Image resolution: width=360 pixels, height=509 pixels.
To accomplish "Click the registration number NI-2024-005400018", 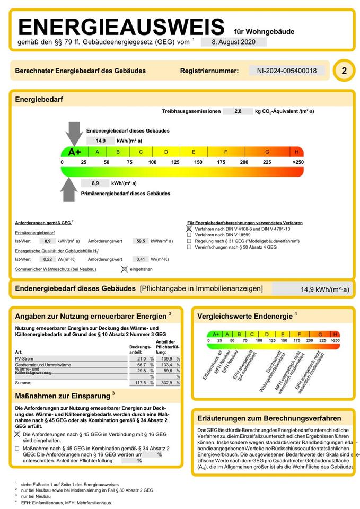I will [287, 71].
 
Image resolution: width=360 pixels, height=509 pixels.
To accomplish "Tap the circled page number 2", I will [344, 71].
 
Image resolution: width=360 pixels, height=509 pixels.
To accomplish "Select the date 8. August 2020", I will [233, 42].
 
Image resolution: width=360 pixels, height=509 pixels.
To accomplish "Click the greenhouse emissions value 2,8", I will [237, 111].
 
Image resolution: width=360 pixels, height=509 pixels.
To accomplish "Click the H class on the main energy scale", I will [297, 152].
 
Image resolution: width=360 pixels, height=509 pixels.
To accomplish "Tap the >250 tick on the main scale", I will [298, 162].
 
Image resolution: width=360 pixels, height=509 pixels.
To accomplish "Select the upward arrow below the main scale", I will [71, 188].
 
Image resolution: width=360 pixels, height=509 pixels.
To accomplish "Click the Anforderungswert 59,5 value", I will [141, 241].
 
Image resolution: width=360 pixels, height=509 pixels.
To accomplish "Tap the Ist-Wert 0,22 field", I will [48, 259].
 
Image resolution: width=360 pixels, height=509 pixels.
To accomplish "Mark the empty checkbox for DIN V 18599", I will [189, 234].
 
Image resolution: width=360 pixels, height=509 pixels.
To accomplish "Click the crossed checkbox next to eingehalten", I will [124, 269].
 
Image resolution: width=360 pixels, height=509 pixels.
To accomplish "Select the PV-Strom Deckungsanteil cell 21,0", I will [141, 359].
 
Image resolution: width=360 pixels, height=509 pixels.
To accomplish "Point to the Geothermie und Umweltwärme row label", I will [43, 365].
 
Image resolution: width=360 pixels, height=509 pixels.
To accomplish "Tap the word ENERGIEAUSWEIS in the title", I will [121, 27].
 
